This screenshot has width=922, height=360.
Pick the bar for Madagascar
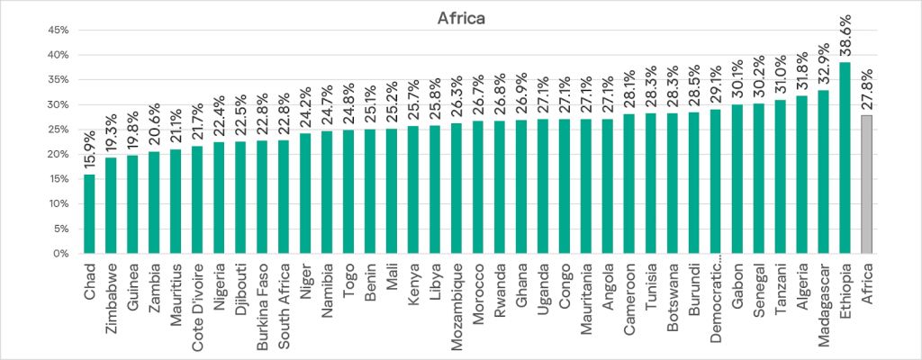823,172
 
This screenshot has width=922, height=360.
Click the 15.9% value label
89,150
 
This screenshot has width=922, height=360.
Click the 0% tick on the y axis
61,253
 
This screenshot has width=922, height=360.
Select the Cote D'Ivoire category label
197,305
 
